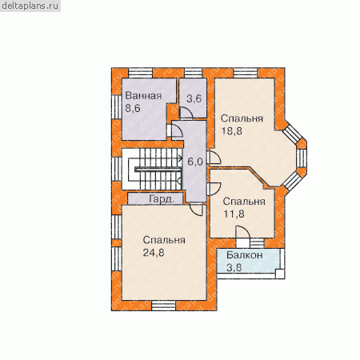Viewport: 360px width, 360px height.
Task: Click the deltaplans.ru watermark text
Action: coord(30,6)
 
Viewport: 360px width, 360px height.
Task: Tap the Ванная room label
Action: coord(143,96)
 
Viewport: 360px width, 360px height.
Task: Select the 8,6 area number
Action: coord(133,109)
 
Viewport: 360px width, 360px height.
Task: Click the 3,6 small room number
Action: coord(194,98)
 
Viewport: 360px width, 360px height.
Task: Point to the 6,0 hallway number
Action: coord(195,162)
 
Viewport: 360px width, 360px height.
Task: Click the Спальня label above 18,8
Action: coord(242,118)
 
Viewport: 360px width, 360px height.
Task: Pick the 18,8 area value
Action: coord(231,131)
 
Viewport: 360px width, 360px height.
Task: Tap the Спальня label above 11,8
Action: coord(244,202)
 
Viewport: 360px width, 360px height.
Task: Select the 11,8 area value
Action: coord(234,214)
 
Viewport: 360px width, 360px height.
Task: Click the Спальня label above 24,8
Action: coord(164,240)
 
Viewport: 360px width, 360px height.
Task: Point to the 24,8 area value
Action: coord(154,253)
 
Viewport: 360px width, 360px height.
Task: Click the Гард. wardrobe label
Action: coord(162,199)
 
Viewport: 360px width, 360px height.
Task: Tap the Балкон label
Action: coord(245,255)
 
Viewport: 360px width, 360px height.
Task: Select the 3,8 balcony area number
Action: coord(234,267)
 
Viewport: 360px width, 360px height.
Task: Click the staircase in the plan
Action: coord(153,169)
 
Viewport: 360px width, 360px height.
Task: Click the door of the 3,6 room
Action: coord(186,113)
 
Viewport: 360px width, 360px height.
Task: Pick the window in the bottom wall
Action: coord(164,306)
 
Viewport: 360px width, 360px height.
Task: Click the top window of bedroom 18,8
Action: coord(246,73)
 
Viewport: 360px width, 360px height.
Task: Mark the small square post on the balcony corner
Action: coord(280,274)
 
